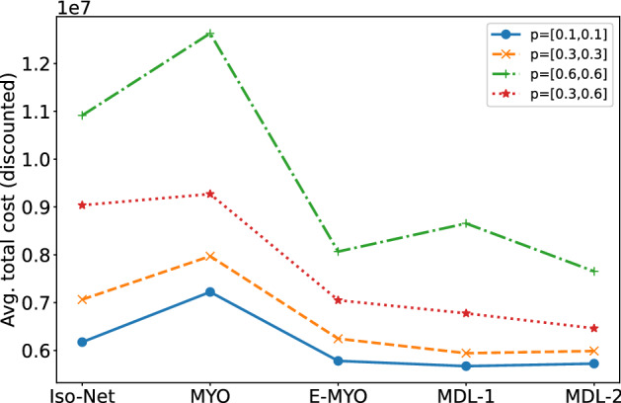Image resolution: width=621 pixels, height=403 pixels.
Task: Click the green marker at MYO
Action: (x=210, y=34)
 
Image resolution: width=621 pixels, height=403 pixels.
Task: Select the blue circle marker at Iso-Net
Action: (x=83, y=342)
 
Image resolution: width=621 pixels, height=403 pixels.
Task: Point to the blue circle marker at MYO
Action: (x=210, y=291)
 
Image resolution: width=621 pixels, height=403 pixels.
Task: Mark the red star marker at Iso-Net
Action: (x=83, y=204)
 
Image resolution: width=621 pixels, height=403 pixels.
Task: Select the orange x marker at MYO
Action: (x=210, y=256)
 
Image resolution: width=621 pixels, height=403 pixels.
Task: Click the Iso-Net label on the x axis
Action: (x=83, y=389)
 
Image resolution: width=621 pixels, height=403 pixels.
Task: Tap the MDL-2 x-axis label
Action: (x=588, y=389)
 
